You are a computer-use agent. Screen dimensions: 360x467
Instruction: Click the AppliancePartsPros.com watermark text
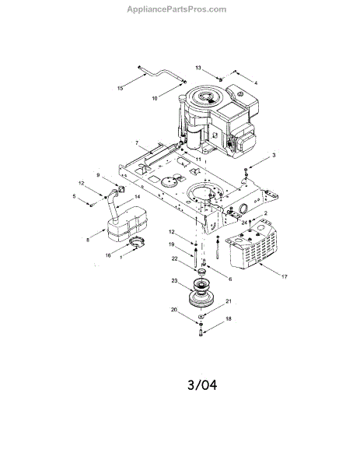pos(177,9)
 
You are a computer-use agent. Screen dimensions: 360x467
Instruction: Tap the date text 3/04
pos(202,384)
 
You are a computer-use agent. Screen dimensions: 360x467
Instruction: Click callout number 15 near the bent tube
pos(121,89)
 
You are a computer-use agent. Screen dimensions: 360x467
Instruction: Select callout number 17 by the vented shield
pos(285,276)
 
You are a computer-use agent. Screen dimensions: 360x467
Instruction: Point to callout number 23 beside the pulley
pos(174,280)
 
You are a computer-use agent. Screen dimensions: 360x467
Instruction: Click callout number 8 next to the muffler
pos(88,240)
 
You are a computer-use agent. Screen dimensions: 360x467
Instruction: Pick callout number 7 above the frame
pos(137,143)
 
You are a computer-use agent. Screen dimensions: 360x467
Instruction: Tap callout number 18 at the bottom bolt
pos(228,319)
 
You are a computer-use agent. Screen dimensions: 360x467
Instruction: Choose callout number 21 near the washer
pos(228,301)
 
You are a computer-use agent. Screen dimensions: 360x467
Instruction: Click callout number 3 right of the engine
pos(274,155)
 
